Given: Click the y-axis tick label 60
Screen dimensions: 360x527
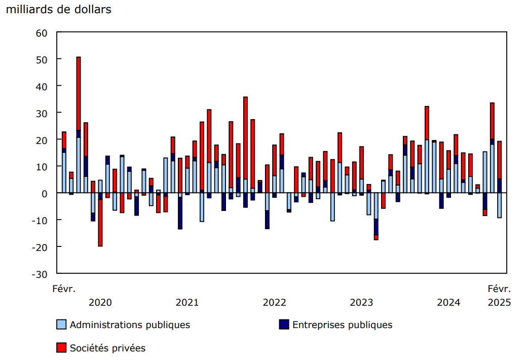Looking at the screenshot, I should point(42,33).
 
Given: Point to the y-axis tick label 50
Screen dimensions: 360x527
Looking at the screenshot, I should point(42,59).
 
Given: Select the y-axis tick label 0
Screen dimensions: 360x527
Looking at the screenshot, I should point(45,193).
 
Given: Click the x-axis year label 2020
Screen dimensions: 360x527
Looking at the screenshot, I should point(100,303).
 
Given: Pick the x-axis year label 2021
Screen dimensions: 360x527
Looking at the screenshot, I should point(187,303).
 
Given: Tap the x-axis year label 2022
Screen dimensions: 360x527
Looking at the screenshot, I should point(274,303).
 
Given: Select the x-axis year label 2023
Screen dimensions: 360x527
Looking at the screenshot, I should point(361,303).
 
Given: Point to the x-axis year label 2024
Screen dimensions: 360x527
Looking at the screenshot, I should point(448,303).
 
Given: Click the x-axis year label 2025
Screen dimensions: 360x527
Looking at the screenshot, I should point(499,303).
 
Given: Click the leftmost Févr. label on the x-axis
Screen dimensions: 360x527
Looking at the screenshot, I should point(64,289).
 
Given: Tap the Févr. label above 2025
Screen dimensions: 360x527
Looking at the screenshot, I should point(499,289).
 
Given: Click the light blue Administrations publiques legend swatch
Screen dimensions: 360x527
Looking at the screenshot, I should point(61,325).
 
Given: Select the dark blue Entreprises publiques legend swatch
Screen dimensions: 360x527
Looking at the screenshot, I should point(284,325).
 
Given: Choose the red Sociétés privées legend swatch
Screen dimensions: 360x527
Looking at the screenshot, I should point(61,348).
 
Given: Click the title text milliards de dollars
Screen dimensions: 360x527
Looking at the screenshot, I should point(58,10).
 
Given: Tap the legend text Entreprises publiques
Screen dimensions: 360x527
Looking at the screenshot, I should point(342,325).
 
